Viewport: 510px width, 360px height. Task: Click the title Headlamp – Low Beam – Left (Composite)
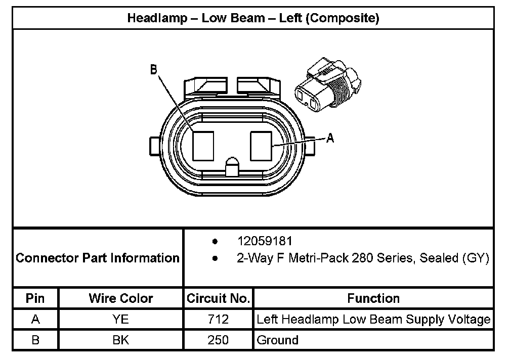tap(253, 19)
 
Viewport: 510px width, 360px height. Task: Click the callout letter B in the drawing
tap(154, 70)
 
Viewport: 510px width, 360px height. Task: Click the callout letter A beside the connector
tap(330, 138)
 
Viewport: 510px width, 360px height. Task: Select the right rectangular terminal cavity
tap(262, 146)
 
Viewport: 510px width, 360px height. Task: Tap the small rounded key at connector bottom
tap(232, 167)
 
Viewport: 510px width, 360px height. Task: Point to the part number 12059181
tap(265, 241)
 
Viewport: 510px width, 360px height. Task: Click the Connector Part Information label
tap(98, 258)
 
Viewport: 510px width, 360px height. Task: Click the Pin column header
tap(35, 298)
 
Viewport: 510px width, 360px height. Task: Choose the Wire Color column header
tap(121, 298)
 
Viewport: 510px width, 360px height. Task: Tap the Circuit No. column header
tap(218, 298)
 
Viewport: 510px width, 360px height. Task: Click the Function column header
tap(373, 298)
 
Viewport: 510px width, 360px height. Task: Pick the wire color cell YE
tap(121, 320)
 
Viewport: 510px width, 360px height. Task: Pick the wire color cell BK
tap(121, 340)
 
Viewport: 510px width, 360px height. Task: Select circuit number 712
tap(218, 320)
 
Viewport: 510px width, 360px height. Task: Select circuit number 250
tap(218, 340)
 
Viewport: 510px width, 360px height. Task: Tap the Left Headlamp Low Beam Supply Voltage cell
tap(373, 320)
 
